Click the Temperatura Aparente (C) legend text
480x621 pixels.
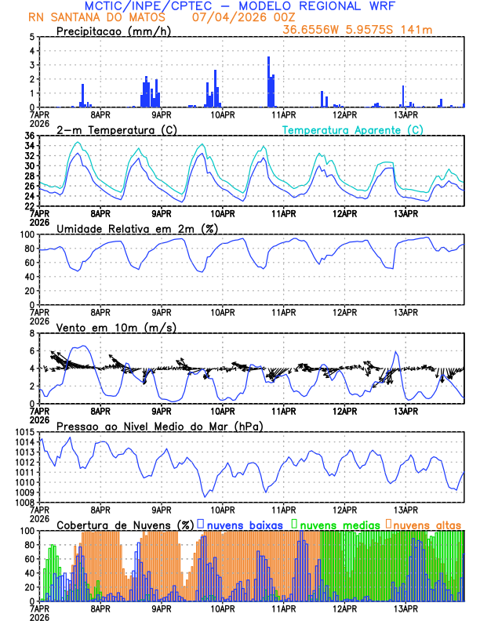point(353,129)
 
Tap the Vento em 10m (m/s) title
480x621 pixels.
point(116,327)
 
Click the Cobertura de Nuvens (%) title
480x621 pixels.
point(125,525)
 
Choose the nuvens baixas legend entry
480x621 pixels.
point(244,525)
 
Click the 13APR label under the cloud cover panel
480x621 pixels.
point(405,608)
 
